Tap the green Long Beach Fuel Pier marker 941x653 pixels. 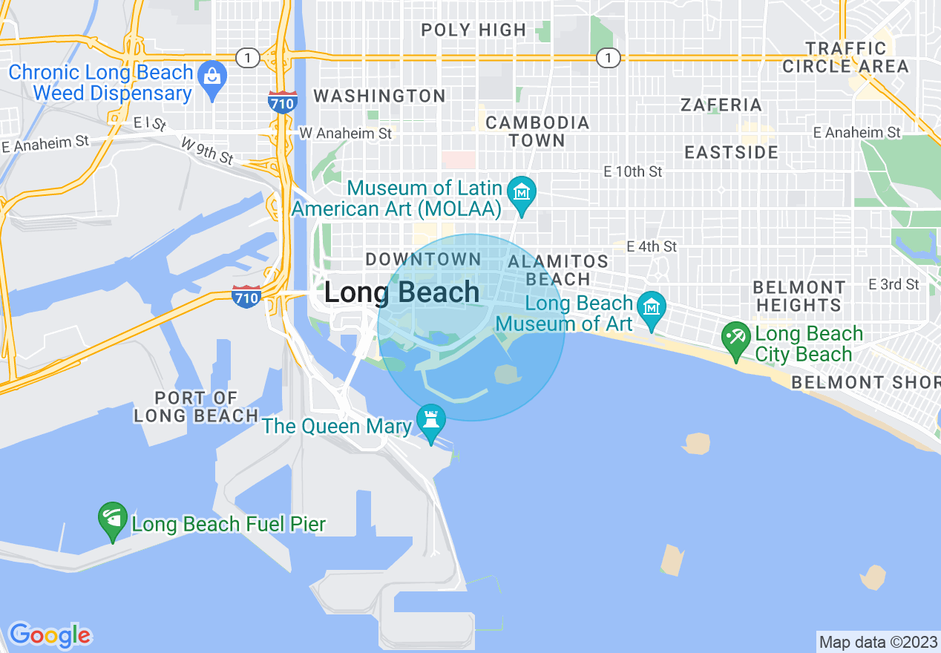pyautogui.click(x=113, y=521)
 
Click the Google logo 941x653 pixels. pyautogui.click(x=50, y=635)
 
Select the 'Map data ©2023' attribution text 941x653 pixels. pyautogui.click(x=877, y=642)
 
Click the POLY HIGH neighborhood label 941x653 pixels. pyautogui.click(x=473, y=30)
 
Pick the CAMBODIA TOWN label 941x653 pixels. pyautogui.click(x=537, y=131)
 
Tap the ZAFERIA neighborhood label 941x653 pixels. pyautogui.click(x=721, y=105)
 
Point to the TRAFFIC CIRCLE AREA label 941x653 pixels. pyautogui.click(x=846, y=58)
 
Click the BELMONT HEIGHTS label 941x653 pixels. pyautogui.click(x=799, y=296)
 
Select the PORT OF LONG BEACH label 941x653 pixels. pyautogui.click(x=196, y=407)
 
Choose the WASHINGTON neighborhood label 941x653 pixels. pyautogui.click(x=379, y=96)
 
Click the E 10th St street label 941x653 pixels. pyautogui.click(x=632, y=171)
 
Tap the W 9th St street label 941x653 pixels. pyautogui.click(x=207, y=151)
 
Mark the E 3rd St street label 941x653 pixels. pyautogui.click(x=894, y=284)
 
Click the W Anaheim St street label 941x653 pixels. pyautogui.click(x=345, y=134)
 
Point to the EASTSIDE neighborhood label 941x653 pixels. pyautogui.click(x=731, y=153)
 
